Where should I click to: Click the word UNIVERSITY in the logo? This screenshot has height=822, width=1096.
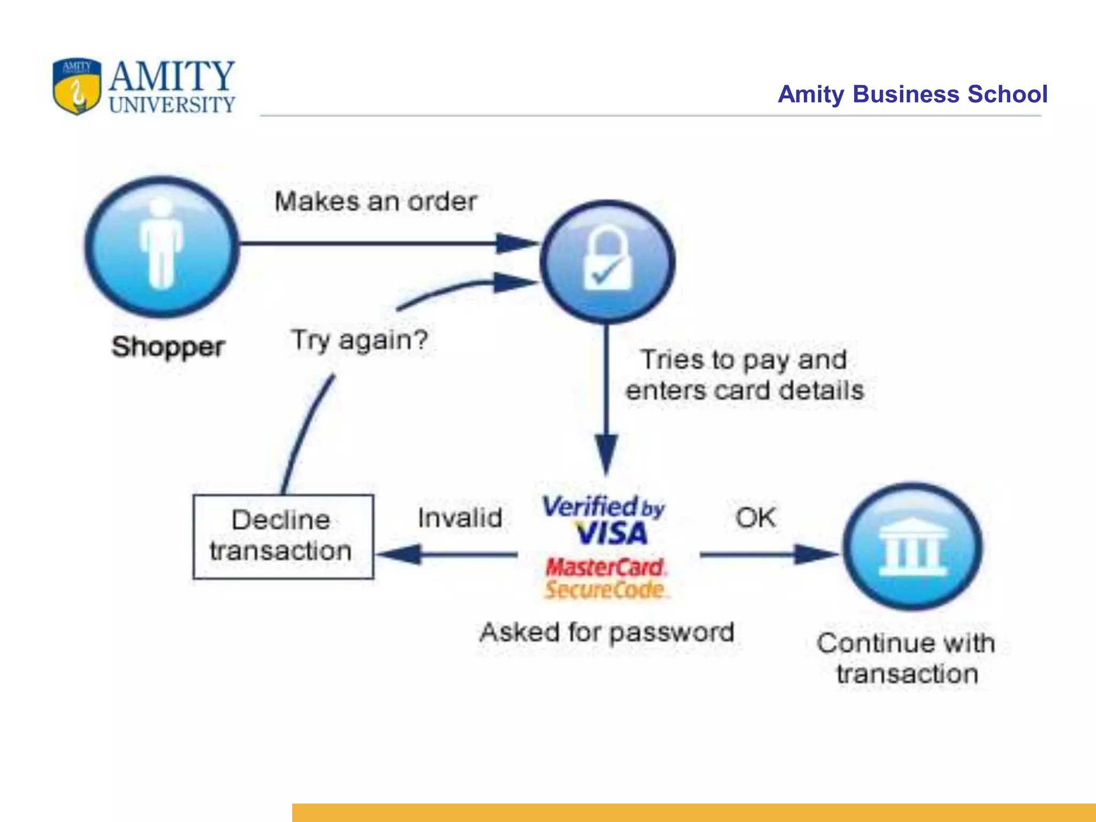click(172, 105)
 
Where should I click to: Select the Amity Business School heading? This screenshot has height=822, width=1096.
click(912, 94)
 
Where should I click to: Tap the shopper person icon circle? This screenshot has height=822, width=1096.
click(161, 247)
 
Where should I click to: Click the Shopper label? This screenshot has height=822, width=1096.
click(168, 347)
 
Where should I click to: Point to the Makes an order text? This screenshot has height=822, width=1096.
click(375, 202)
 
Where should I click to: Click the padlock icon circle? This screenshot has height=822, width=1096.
click(607, 261)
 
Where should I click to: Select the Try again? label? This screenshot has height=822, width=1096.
click(359, 340)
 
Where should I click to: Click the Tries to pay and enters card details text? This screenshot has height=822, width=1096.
click(744, 375)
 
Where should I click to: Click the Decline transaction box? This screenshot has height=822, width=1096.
click(283, 536)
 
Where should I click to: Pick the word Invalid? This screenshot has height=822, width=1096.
click(460, 518)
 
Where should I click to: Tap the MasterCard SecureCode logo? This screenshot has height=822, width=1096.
click(605, 578)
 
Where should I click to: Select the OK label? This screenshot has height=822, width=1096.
click(755, 517)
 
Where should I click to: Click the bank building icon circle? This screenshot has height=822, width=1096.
click(913, 546)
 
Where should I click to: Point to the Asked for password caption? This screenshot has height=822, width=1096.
click(607, 633)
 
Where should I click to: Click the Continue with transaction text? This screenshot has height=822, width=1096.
click(906, 658)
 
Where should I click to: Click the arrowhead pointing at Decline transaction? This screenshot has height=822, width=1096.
click(399, 554)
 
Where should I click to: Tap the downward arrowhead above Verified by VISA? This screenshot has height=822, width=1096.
click(606, 454)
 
